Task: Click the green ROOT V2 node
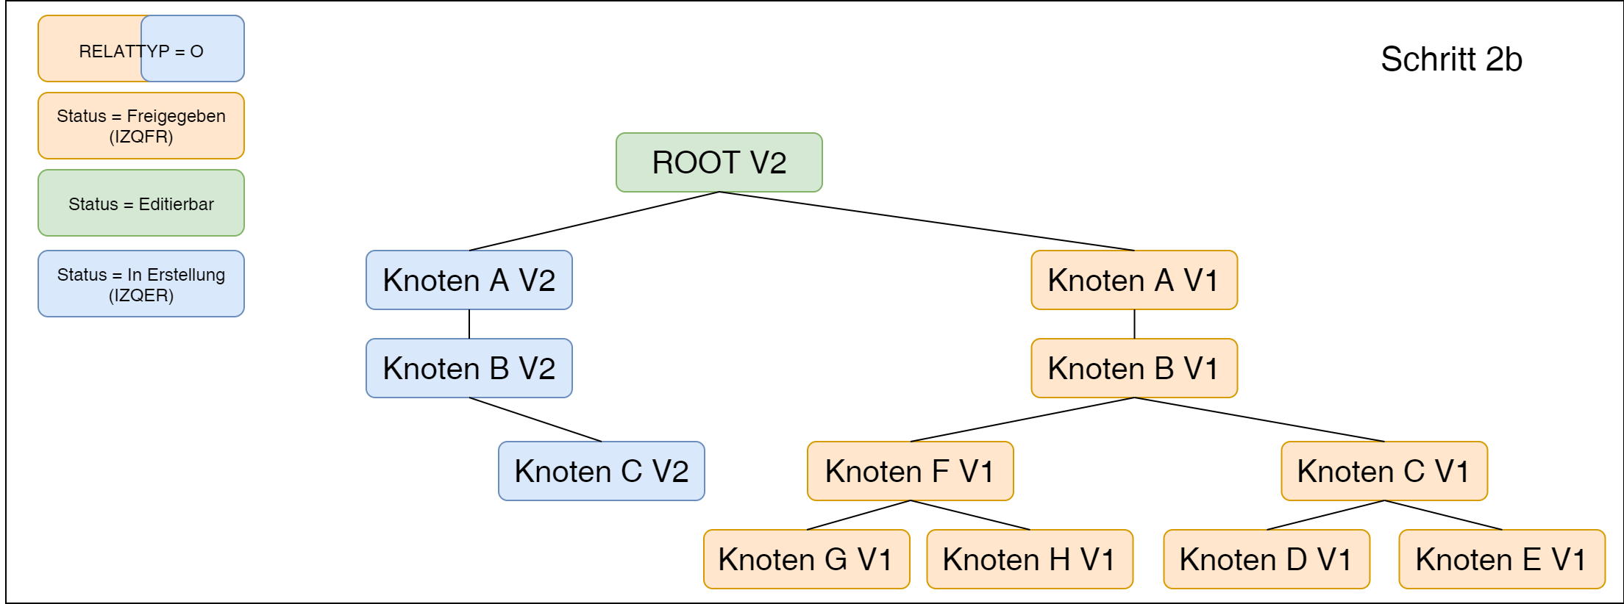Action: tap(719, 162)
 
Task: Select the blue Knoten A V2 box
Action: tap(469, 280)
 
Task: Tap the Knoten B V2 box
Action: tap(469, 368)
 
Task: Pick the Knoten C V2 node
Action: tap(601, 471)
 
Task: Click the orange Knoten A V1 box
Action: tap(1133, 280)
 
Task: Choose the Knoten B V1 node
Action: tap(1133, 368)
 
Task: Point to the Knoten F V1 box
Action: tap(910, 471)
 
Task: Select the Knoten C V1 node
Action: tap(1383, 471)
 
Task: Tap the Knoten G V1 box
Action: tap(806, 559)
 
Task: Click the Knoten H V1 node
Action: tap(1029, 559)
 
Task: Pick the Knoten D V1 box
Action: tap(1266, 559)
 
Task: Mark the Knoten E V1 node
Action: tap(1501, 559)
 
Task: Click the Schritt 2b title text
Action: tap(1450, 60)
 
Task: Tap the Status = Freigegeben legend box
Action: tap(140, 126)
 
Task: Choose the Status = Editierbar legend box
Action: tap(140, 204)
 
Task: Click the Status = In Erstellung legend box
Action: tap(140, 284)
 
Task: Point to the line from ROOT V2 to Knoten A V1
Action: tap(927, 221)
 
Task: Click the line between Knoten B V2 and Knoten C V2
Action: tap(535, 420)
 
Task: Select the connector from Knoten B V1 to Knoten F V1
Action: tap(1022, 420)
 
